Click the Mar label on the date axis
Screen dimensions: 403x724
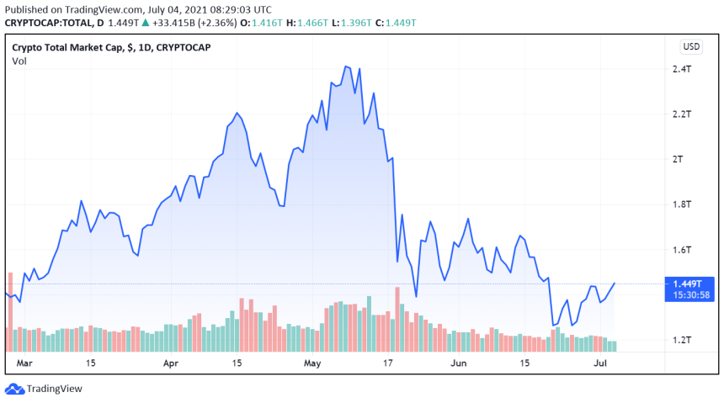click(x=24, y=363)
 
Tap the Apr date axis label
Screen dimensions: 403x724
click(x=170, y=363)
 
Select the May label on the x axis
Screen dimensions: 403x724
click(x=313, y=363)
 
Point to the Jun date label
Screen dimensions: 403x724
click(x=459, y=363)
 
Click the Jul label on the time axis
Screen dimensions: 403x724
click(x=601, y=363)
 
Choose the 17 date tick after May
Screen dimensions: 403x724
click(x=388, y=363)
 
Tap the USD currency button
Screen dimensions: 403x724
click(x=691, y=46)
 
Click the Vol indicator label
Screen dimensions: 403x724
click(x=19, y=61)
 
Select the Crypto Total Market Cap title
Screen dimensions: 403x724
click(x=111, y=47)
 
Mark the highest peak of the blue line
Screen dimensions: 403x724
click(x=346, y=66)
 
